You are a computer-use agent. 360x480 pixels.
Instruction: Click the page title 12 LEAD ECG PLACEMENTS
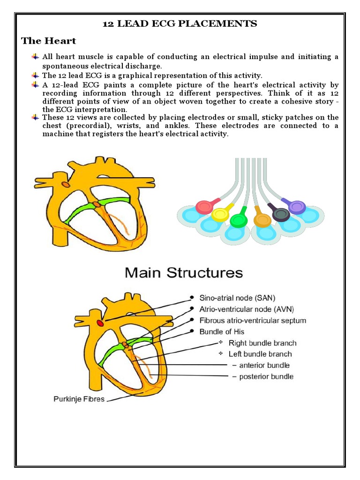[x=180, y=24]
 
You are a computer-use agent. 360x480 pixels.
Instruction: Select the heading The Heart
[x=49, y=41]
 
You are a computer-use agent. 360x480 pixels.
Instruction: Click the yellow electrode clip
[x=219, y=215]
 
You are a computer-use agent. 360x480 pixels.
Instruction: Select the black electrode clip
[x=281, y=214]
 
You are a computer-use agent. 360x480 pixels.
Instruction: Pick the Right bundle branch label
[x=262, y=343]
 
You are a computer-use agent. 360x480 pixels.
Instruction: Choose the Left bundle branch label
[x=260, y=354]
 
